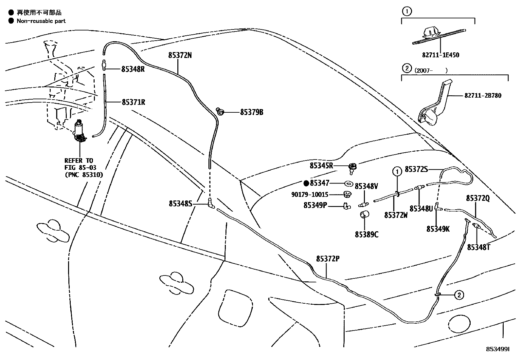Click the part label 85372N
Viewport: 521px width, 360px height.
point(180,55)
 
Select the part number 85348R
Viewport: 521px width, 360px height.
point(133,69)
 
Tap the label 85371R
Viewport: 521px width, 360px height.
point(134,102)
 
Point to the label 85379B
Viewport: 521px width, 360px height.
point(251,112)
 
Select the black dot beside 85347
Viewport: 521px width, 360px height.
point(306,183)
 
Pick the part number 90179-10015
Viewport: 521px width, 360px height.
point(309,195)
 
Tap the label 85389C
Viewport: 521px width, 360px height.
point(367,235)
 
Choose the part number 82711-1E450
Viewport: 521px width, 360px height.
point(440,55)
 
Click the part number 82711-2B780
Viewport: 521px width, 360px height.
point(482,96)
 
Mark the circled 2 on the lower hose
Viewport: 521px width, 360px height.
point(459,295)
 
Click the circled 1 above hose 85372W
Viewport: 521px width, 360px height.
point(397,171)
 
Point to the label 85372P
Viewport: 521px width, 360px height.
point(327,259)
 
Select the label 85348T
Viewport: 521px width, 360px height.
point(478,247)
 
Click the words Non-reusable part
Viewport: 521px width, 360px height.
point(41,21)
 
